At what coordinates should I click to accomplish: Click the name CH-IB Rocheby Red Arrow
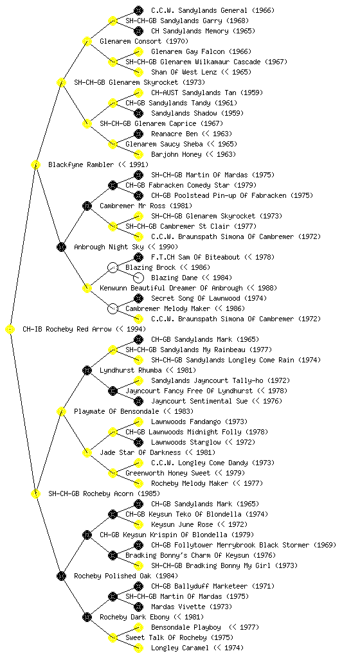[x=67, y=329]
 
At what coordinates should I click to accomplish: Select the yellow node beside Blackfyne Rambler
[x=35, y=164]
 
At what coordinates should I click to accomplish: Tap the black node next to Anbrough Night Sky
[x=61, y=247]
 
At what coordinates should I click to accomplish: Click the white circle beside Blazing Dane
[x=138, y=278]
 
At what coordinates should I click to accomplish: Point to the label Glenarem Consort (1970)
[x=144, y=41]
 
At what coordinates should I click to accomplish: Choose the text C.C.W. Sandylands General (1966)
[x=213, y=10]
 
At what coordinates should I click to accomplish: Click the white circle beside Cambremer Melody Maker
[x=113, y=308]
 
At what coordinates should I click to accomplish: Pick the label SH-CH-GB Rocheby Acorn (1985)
[x=104, y=493]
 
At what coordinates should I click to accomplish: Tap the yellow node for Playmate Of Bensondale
[x=61, y=411]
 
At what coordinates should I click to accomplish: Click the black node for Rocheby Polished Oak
[x=61, y=576]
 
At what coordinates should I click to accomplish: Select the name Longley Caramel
[x=179, y=648]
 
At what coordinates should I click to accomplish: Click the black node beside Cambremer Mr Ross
[x=87, y=206]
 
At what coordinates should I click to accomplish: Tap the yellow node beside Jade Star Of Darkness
[x=87, y=452]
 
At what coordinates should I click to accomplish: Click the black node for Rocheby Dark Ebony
[x=87, y=617]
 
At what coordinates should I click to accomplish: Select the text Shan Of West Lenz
[x=184, y=72]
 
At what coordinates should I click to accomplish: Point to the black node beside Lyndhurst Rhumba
[x=87, y=370]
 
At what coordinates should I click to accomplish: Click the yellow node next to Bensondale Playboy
[x=138, y=627]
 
